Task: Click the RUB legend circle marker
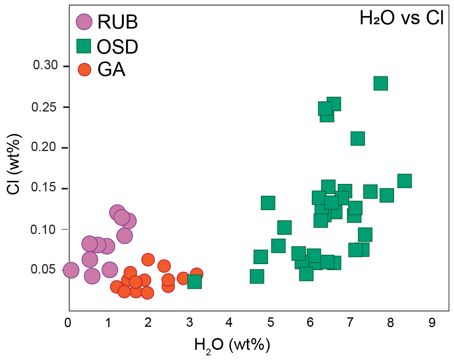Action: pyautogui.click(x=84, y=22)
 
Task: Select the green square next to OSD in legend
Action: pyautogui.click(x=84, y=46)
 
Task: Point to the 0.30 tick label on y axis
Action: pyautogui.click(x=45, y=66)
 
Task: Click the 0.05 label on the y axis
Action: pyautogui.click(x=45, y=270)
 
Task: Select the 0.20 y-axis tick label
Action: pyautogui.click(x=45, y=148)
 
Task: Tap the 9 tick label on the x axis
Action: pyautogui.click(x=432, y=323)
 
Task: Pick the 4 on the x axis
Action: pyautogui.click(x=229, y=323)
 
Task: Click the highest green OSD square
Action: pyautogui.click(x=381, y=83)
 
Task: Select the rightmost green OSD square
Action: pyautogui.click(x=404, y=181)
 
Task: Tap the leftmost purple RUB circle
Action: pyautogui.click(x=71, y=270)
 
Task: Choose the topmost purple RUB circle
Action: pyautogui.click(x=117, y=213)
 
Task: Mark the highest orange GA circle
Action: pyautogui.click(x=148, y=259)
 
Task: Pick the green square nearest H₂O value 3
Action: pyautogui.click(x=194, y=281)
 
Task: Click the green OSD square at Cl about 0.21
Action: pyautogui.click(x=358, y=139)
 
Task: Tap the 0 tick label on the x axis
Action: pyautogui.click(x=68, y=323)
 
